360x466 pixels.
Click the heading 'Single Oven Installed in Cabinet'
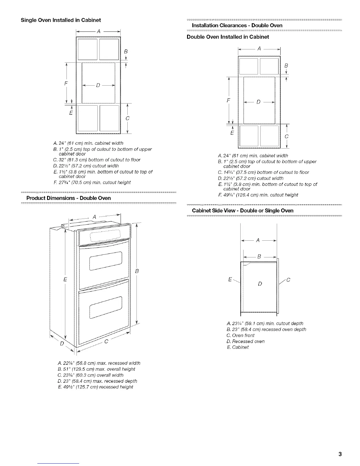tap(61, 20)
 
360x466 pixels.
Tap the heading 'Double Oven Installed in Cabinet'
tap(228, 37)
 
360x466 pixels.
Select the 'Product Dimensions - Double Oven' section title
tap(69, 198)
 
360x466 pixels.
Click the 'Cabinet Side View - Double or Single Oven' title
tap(243, 211)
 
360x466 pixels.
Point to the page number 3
tap(340, 454)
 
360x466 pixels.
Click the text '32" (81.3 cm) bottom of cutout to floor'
tap(97, 160)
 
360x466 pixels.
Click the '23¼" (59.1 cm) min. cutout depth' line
tap(265, 323)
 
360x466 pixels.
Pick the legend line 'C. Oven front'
tap(241, 335)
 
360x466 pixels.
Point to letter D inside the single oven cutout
tap(98, 86)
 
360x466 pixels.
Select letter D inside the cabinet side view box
tap(260, 284)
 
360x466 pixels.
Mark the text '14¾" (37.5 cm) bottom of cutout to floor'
tap(264, 172)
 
